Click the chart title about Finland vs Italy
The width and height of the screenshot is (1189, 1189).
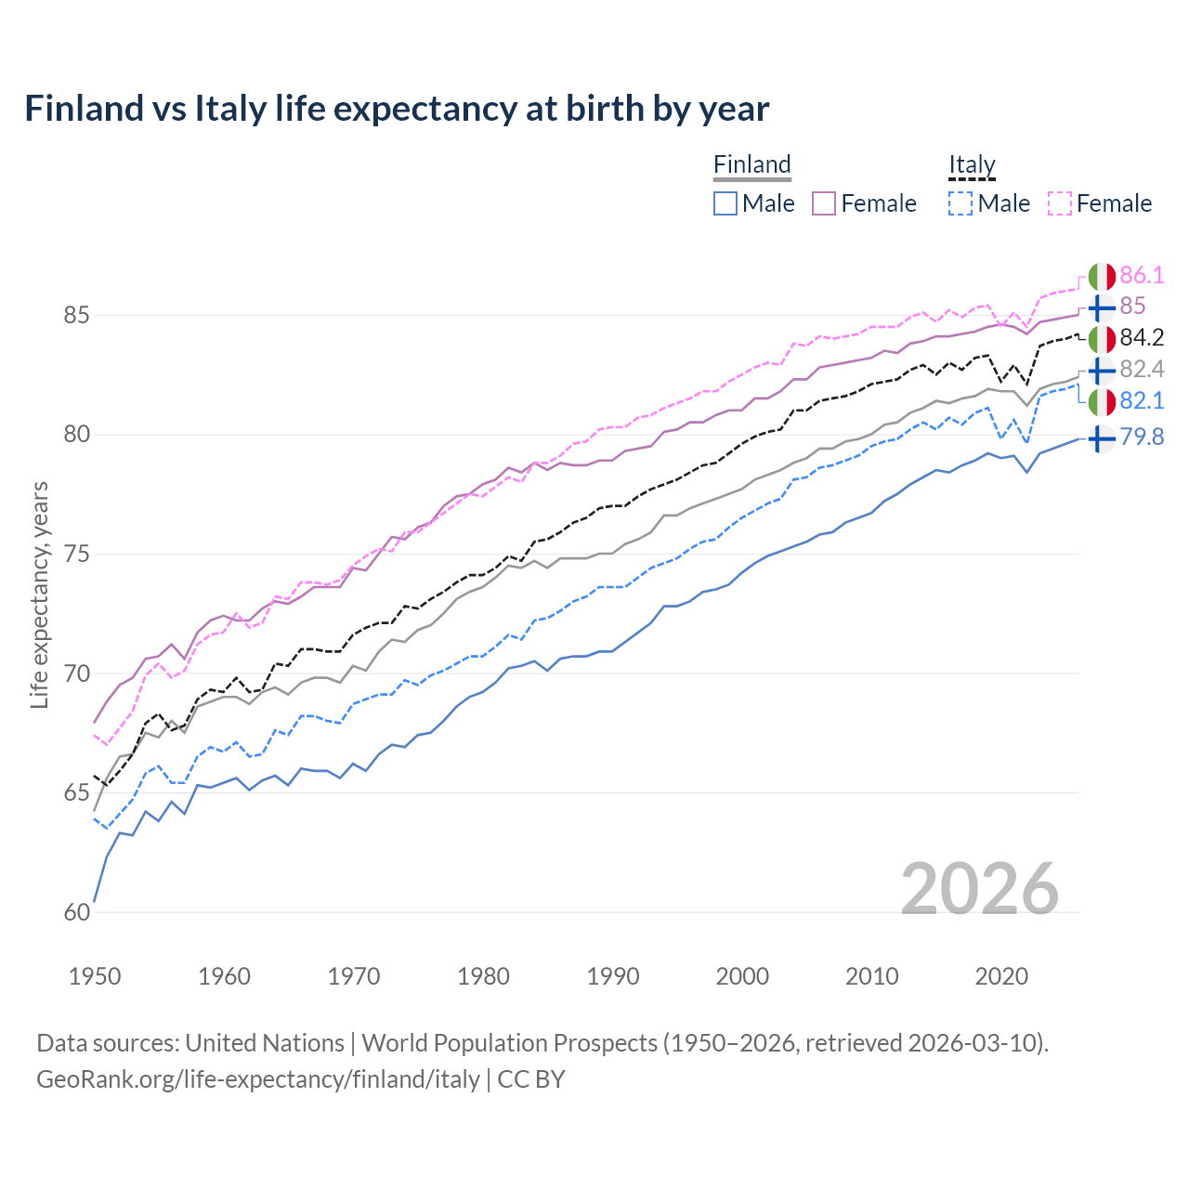397,109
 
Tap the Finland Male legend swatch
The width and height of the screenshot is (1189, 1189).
725,203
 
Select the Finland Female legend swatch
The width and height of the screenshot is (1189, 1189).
825,203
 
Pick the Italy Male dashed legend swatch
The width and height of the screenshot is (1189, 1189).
961,203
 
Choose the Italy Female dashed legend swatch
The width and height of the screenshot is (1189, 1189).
1060,203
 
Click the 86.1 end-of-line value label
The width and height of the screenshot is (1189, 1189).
1142,276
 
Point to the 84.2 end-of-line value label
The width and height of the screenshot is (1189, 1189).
1142,338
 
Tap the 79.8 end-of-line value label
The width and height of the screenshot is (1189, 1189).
1142,438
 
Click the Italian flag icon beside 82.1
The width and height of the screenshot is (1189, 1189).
1102,401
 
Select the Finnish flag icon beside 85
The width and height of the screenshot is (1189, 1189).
1102,307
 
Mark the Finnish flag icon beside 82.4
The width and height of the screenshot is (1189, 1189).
1102,370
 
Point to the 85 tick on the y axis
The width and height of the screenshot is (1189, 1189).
76,316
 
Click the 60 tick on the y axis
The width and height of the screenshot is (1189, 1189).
76,912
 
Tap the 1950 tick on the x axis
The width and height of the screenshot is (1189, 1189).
95,976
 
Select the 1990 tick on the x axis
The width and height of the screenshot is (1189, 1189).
613,976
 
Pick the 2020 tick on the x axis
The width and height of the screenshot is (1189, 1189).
1001,976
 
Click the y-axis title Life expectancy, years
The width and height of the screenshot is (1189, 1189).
40,594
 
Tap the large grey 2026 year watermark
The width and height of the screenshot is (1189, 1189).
980,889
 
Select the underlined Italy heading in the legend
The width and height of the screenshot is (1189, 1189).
972,165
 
